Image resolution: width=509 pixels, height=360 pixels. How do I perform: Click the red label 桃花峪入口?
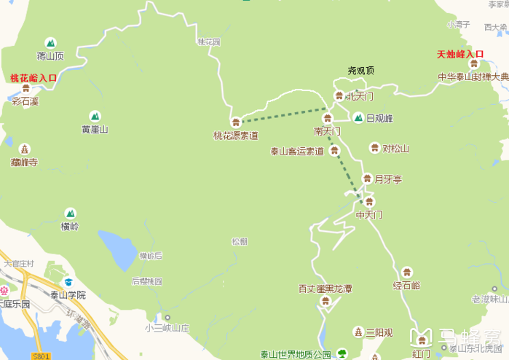click(33, 78)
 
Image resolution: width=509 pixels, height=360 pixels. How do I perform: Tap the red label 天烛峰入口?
click(460, 55)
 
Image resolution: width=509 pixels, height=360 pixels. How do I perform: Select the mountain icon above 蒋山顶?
click(50, 44)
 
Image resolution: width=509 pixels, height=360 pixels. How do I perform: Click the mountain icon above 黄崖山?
click(95, 116)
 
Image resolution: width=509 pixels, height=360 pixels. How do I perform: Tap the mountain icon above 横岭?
click(70, 214)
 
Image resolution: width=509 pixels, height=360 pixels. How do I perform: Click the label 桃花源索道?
click(235, 135)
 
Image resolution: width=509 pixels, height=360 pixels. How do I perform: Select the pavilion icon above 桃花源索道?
click(235, 122)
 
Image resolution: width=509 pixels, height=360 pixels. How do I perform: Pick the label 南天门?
click(327, 131)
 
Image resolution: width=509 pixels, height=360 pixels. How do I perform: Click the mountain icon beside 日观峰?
click(358, 118)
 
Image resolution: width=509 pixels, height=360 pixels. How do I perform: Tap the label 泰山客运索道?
click(297, 152)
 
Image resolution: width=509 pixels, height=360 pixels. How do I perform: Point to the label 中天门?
click(368, 215)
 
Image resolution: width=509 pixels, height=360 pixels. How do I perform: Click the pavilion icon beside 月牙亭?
click(368, 179)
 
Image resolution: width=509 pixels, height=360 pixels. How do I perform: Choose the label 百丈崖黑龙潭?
click(325, 289)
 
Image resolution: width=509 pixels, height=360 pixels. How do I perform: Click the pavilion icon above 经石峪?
click(406, 272)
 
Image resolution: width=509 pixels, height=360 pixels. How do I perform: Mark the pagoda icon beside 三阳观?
click(358, 332)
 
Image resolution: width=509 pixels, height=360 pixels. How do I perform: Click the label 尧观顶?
click(360, 71)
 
